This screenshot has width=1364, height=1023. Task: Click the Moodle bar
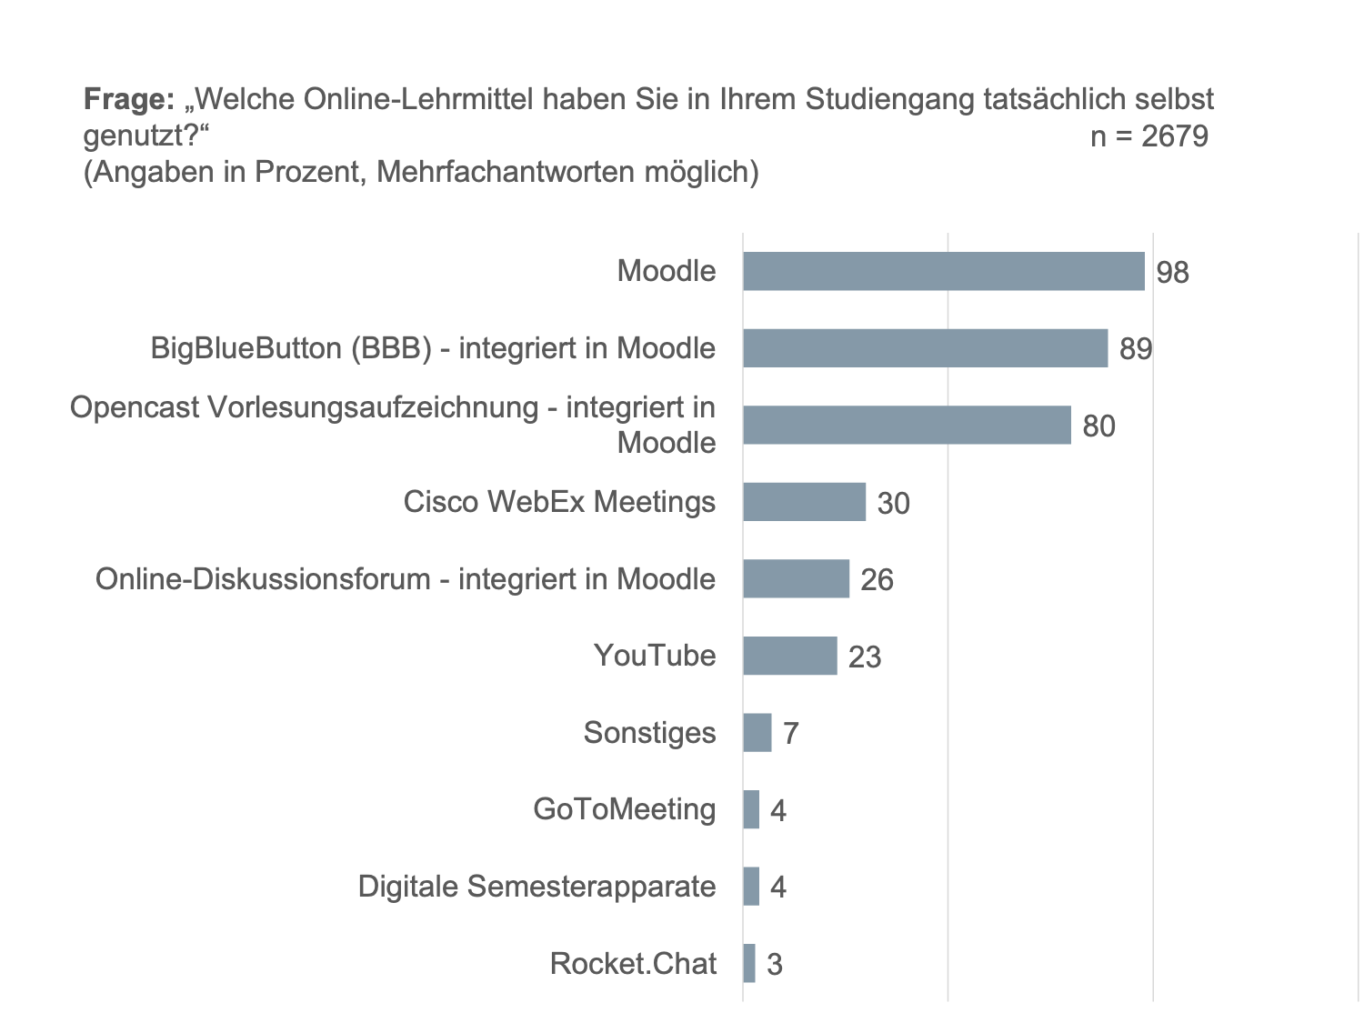pos(943,272)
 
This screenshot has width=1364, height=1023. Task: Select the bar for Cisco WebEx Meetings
pos(804,502)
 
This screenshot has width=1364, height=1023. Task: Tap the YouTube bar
pos(789,656)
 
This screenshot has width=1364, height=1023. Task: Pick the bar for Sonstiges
pos(757,733)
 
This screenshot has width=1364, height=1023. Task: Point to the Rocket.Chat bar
pos(748,963)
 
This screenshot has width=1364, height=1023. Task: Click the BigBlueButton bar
pos(925,348)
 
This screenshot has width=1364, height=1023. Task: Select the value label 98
pos(1172,272)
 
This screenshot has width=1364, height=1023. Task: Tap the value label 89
pos(1136,349)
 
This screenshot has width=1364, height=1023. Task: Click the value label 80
pos(1098,426)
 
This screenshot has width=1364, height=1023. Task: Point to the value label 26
pos(877,580)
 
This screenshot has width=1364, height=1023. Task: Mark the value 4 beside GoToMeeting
pos(777,810)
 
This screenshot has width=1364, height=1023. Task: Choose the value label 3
pos(774,964)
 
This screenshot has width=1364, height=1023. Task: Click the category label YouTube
pos(654,656)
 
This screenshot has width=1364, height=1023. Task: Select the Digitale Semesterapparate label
pos(537,887)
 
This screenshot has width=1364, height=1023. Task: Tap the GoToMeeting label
pos(624,809)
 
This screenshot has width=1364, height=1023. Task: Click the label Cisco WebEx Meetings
pos(559,502)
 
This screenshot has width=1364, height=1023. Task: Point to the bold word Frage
pos(128,99)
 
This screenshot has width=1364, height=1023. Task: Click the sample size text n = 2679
pos(1148,136)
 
